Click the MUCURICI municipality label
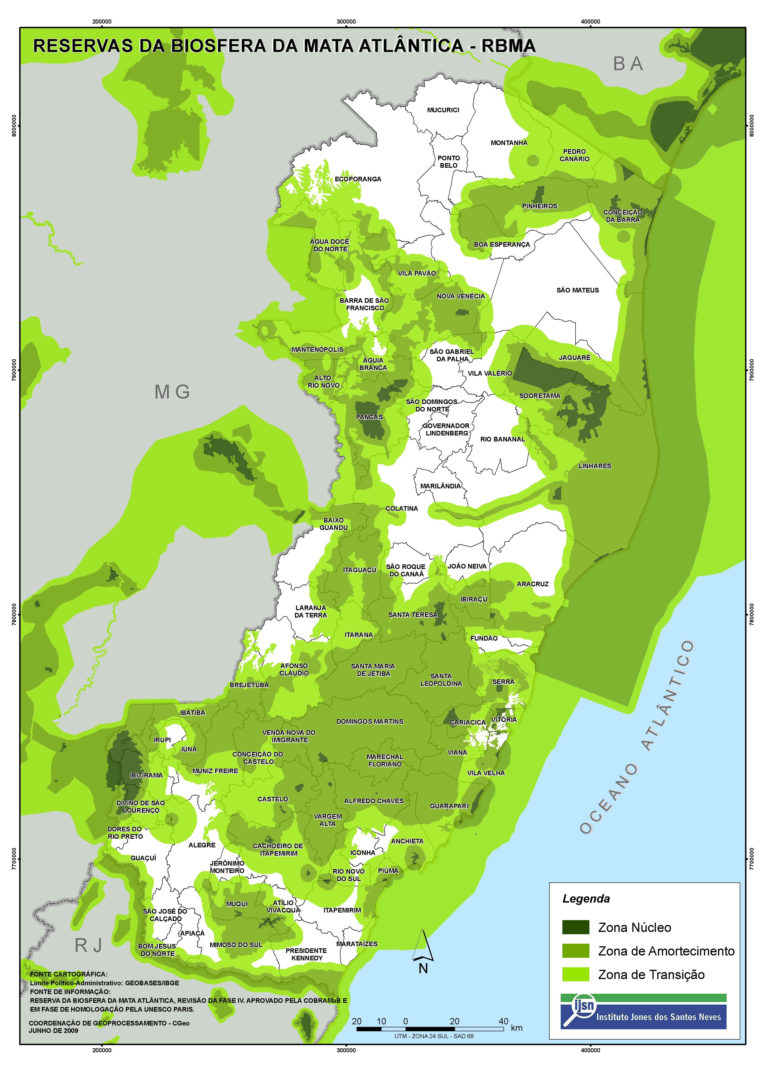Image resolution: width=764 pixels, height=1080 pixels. coord(443,110)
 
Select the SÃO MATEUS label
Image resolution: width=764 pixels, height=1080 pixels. coord(578,290)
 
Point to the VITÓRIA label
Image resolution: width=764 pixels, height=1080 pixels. coord(504,720)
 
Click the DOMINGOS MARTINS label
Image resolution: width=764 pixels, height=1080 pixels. coord(370,721)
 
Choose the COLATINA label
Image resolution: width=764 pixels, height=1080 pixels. coord(401,509)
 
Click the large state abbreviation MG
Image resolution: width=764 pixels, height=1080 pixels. coord(172,392)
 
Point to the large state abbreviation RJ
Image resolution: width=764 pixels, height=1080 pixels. coord(88,945)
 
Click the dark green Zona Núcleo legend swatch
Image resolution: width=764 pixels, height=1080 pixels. coord(575,927)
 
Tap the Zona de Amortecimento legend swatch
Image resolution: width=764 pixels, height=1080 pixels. coord(575,951)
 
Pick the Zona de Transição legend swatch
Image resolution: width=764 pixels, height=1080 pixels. coord(575,974)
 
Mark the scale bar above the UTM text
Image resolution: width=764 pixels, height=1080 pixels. coord(430,1029)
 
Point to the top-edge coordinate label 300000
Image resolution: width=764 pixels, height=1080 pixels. coord(346,22)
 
